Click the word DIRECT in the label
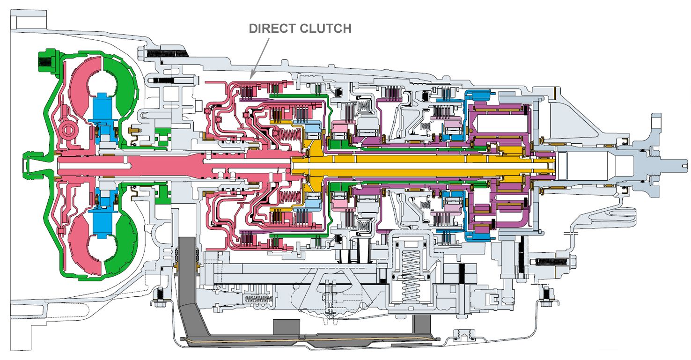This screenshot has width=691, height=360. coord(269,29)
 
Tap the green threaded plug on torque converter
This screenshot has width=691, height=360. coord(46,60)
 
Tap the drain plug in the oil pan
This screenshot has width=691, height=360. coord(462,334)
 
